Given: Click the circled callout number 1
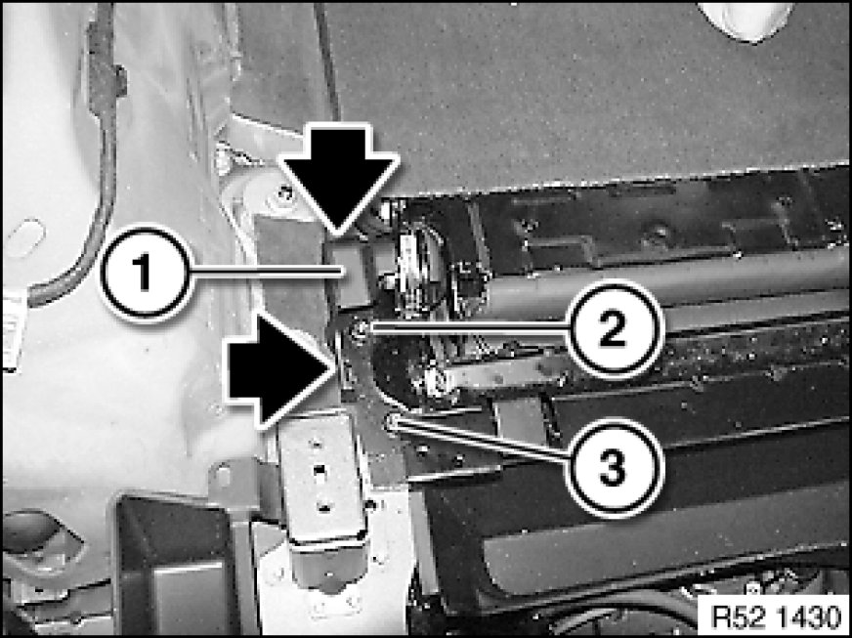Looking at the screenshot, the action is tap(145, 273).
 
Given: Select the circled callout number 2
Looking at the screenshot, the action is tap(613, 327).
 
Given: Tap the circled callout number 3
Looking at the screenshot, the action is tap(613, 467).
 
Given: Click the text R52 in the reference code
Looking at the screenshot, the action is tap(730, 617).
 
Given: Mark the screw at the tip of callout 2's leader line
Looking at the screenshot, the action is tap(359, 327).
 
